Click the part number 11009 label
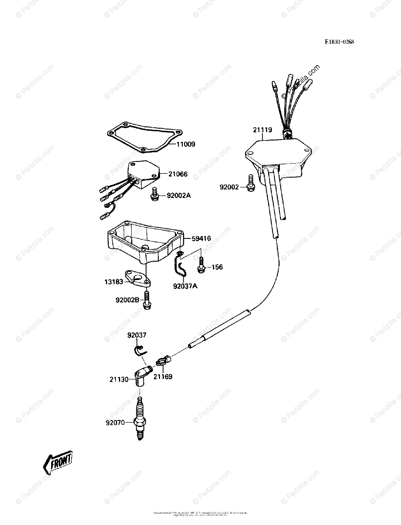(x=186, y=144)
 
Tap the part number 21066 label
(x=178, y=174)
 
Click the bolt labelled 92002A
(x=154, y=195)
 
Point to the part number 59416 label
(x=201, y=238)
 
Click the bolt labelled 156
(x=201, y=264)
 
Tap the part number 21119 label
(x=262, y=130)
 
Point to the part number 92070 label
(x=115, y=423)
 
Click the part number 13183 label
(x=113, y=282)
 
